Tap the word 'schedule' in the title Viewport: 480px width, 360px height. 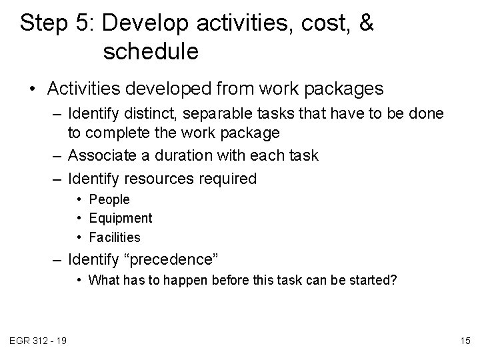(151, 52)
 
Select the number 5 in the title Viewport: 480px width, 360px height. (85, 24)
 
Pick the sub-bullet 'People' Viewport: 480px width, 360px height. (109, 199)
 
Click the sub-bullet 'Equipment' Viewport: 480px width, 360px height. (121, 218)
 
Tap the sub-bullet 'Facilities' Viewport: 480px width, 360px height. (115, 237)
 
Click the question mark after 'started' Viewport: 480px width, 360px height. (393, 280)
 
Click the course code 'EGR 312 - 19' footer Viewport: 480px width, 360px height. (38, 341)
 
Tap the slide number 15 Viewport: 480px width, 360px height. (465, 341)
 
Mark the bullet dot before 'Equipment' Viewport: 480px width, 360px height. (79, 218)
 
